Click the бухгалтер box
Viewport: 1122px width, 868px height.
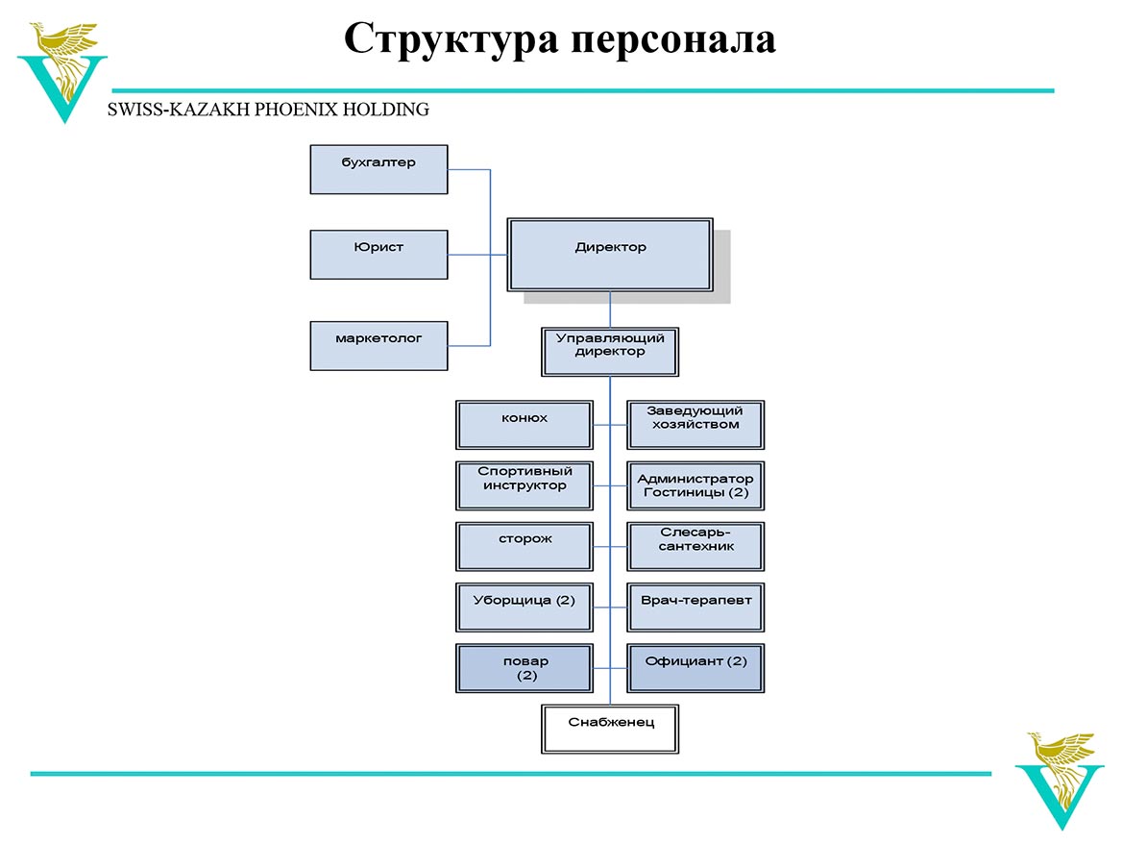click(378, 170)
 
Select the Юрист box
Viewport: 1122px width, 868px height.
click(378, 254)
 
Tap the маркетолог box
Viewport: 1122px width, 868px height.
click(378, 346)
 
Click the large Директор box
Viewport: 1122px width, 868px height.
click(610, 255)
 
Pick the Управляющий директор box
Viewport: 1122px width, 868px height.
click(610, 352)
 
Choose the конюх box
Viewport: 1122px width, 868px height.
click(524, 425)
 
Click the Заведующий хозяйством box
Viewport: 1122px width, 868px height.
click(695, 425)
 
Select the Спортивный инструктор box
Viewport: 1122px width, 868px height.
click(524, 485)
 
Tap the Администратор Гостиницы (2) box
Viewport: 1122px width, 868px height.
click(695, 485)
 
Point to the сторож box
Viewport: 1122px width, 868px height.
click(524, 546)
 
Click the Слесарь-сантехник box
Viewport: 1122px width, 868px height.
click(695, 546)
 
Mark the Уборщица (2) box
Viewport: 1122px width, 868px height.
click(524, 608)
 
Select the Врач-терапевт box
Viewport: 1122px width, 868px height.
click(695, 608)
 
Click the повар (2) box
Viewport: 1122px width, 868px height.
click(524, 668)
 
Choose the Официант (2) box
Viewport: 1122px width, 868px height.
click(695, 668)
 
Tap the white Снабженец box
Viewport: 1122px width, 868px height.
click(610, 729)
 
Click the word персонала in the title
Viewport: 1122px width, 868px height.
click(673, 40)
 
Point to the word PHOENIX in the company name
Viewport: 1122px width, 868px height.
click(296, 110)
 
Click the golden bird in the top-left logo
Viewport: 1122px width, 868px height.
click(63, 58)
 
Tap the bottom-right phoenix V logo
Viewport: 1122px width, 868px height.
click(1060, 781)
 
